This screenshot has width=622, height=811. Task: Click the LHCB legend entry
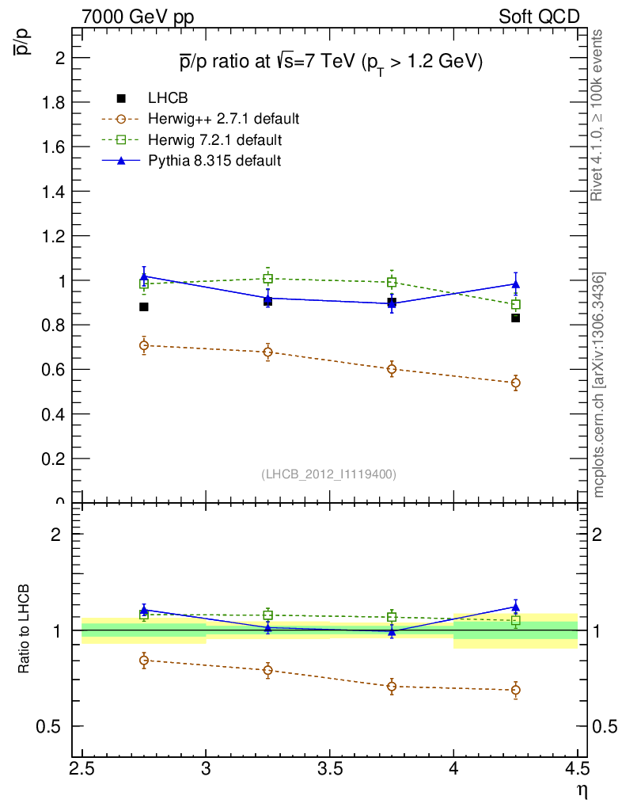[x=166, y=99]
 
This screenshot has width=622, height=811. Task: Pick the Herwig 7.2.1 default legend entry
[x=214, y=140]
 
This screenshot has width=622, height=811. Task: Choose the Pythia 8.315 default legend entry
[x=214, y=161]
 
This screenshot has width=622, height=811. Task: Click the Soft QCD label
[x=539, y=17]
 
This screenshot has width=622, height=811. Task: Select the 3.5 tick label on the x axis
[x=330, y=769]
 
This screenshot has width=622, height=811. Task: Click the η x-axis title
[x=582, y=789]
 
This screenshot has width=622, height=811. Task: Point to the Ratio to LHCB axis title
[x=26, y=630]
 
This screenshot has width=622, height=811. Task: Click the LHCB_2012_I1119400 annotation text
[x=328, y=474]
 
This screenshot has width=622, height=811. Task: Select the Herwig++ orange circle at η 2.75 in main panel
[x=144, y=345]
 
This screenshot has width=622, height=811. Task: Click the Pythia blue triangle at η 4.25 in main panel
[x=516, y=284]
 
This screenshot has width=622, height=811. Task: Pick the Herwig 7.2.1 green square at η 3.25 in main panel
[x=268, y=278]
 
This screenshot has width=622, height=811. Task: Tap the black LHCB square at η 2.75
[x=144, y=307]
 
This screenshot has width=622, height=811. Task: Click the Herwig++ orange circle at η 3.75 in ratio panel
[x=392, y=687]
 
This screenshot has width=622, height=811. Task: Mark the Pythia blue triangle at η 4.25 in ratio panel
[x=516, y=607]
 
